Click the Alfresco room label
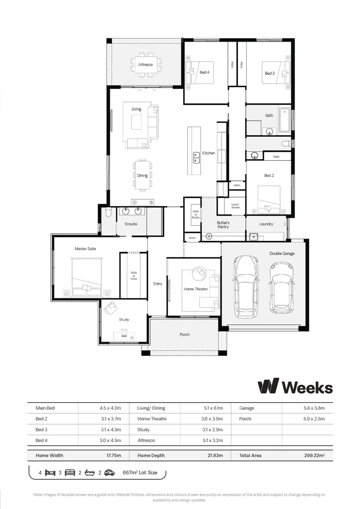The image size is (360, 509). (145, 64)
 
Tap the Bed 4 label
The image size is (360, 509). (204, 72)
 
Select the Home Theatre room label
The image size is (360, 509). (195, 289)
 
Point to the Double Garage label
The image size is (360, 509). (282, 254)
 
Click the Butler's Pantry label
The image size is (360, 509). (223, 224)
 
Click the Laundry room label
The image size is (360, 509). (266, 224)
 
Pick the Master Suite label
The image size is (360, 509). (85, 248)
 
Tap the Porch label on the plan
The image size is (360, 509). (185, 335)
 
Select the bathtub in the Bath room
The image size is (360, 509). (285, 120)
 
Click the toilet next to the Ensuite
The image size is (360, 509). (108, 213)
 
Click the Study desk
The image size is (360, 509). (124, 336)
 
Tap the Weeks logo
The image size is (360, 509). (295, 386)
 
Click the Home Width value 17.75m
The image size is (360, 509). (113, 456)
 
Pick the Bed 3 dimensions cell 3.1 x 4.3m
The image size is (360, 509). (111, 430)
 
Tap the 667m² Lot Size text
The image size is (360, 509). (140, 472)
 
